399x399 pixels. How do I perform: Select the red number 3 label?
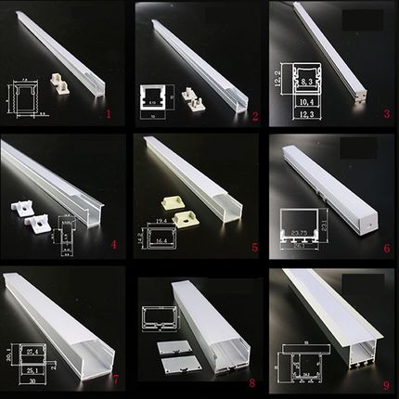(384, 114)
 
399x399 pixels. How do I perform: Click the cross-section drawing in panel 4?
(66, 235)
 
